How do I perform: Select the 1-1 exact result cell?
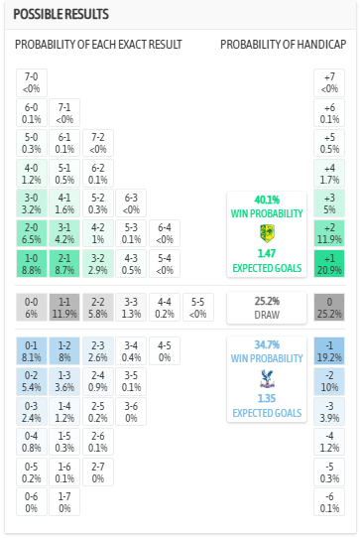click(x=64, y=308)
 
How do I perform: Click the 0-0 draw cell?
click(x=32, y=308)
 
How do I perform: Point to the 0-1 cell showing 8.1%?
click(x=32, y=351)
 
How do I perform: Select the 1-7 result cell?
click(x=64, y=501)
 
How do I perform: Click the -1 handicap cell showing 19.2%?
click(x=328, y=351)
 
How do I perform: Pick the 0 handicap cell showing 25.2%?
click(x=328, y=308)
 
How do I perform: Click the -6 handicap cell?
click(x=328, y=501)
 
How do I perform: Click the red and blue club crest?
click(x=266, y=378)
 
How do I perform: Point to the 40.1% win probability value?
click(x=266, y=200)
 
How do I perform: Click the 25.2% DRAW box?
click(x=266, y=308)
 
